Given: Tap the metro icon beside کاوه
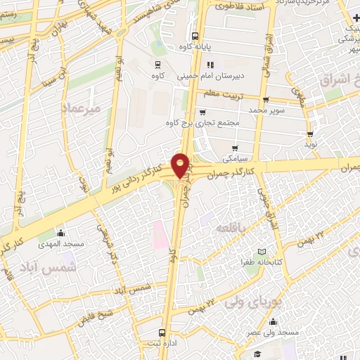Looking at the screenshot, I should (x=155, y=63).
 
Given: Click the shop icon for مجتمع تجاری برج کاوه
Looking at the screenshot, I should (x=202, y=112).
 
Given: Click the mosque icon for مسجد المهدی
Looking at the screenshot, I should (x=60, y=233).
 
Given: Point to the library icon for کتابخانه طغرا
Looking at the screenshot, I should (x=262, y=252).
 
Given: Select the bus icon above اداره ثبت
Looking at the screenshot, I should (x=162, y=332).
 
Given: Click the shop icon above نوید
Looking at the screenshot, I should (x=310, y=134).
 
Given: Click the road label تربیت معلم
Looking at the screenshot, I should (x=223, y=93).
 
